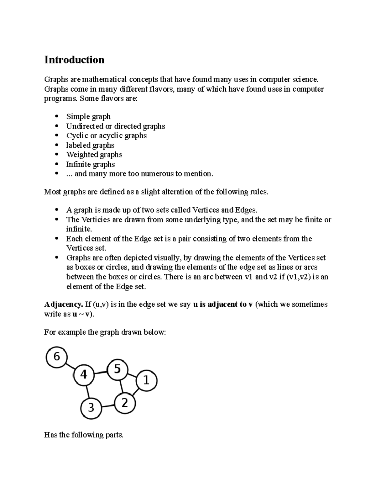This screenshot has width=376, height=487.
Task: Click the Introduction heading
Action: [74, 60]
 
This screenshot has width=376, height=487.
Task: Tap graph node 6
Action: [57, 357]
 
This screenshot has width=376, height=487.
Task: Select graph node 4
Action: [84, 375]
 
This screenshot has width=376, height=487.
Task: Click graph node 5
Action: [117, 369]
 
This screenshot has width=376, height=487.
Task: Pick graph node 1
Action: [146, 381]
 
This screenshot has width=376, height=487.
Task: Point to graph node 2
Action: [125, 403]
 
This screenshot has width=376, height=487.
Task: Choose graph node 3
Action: [91, 408]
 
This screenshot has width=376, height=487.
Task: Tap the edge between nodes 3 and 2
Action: [108, 405]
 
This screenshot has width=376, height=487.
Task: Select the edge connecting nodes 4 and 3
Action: [87, 391]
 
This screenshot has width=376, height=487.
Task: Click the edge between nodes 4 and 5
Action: [101, 372]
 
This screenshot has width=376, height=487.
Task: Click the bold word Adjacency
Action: [64, 304]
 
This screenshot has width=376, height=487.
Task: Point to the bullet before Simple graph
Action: [57, 117]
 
